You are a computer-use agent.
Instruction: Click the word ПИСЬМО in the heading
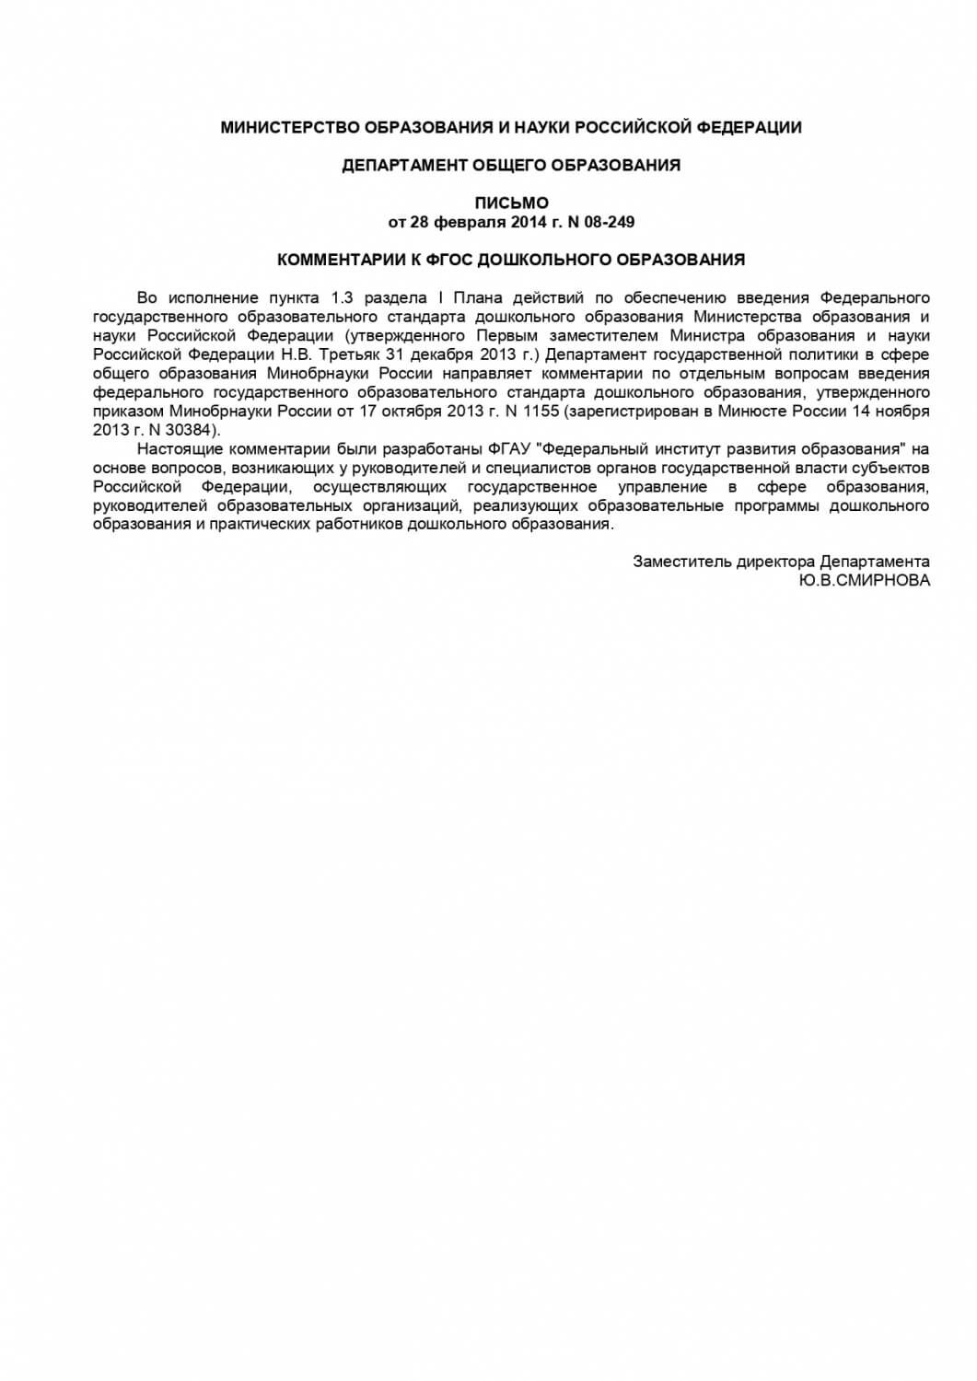[511, 203]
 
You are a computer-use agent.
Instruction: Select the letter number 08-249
[607, 222]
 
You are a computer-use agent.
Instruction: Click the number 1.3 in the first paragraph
[343, 297]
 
